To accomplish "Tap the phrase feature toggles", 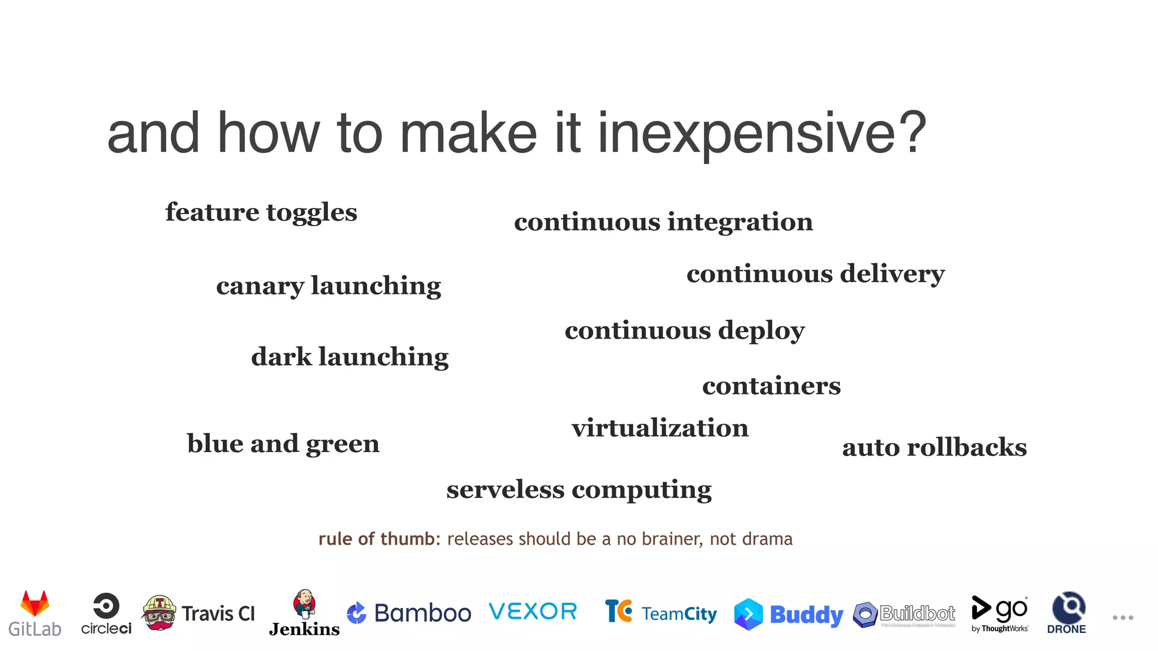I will (x=261, y=213).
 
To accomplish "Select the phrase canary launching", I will (x=328, y=286).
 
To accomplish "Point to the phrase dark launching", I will (x=349, y=357).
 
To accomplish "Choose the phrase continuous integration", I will (x=663, y=222).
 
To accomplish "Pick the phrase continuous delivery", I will (x=815, y=274).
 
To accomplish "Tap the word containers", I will (x=771, y=386).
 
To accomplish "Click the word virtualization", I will (x=659, y=428).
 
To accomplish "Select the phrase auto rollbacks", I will (x=934, y=448).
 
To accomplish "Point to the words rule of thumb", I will (x=376, y=539).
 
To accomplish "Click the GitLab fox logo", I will (x=35, y=604).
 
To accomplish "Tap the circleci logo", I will (x=106, y=613).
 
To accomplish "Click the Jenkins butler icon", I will (x=305, y=604).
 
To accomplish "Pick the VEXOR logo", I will (x=533, y=611).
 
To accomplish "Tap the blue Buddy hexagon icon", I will (x=748, y=614).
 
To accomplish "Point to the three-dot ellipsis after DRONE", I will (x=1122, y=618).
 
